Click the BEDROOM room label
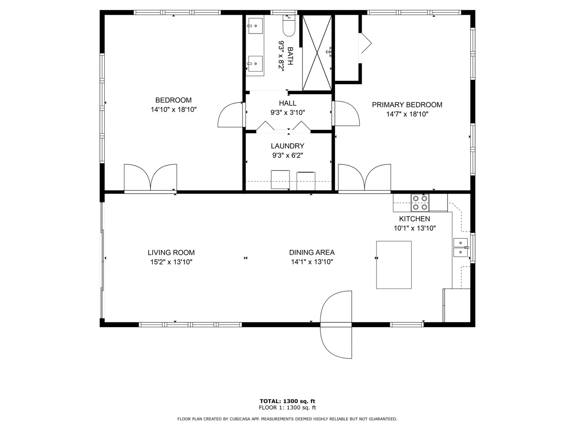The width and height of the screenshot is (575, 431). pos(173,100)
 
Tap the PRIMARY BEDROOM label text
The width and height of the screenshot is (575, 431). pos(407,105)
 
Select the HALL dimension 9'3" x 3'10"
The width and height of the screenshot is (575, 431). pos(287,113)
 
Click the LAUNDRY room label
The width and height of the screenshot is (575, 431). pos(287,146)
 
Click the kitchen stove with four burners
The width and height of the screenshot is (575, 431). pos(420,203)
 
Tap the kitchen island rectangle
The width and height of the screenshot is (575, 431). pos(394,265)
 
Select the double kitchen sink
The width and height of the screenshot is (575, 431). pos(461,247)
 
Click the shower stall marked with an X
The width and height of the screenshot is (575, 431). pos(317,53)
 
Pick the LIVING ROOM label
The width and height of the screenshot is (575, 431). pos(171,253)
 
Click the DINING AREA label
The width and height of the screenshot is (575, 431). pos(312,253)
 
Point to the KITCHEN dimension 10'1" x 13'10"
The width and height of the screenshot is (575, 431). pos(415,228)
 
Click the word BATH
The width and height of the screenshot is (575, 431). pos(290,56)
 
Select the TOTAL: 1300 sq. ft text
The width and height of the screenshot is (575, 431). pos(287,401)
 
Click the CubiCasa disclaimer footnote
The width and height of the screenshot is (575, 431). pos(287,419)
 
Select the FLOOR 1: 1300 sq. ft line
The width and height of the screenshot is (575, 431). pos(287,407)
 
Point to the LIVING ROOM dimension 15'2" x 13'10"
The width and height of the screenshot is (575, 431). pos(171,262)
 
